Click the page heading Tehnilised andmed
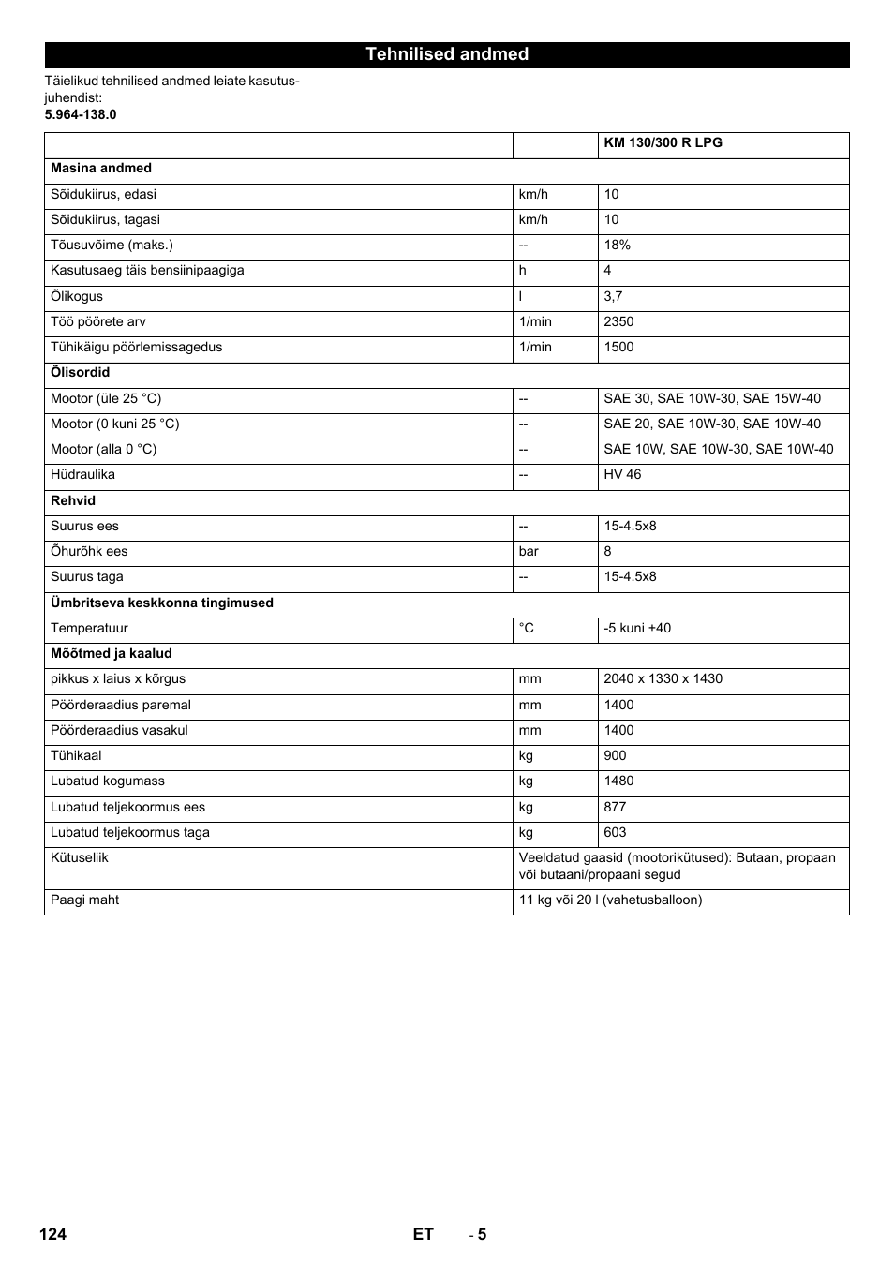[x=447, y=54]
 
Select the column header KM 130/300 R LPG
[x=663, y=143]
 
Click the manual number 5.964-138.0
[x=81, y=114]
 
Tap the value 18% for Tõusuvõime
[x=617, y=246]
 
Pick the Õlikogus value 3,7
[x=613, y=296]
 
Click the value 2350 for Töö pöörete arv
[x=618, y=321]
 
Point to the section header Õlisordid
[x=80, y=373]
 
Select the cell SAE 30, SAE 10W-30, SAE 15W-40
[x=712, y=398]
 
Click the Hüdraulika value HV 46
[x=622, y=475]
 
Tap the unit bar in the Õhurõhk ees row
[x=529, y=552]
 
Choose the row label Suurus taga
[x=86, y=577]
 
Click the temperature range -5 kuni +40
[x=637, y=629]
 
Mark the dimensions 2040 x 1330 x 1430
[x=663, y=679]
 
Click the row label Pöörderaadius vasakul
[x=119, y=731]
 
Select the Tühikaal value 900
[x=615, y=756]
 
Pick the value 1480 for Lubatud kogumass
[x=618, y=781]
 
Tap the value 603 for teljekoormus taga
[x=615, y=833]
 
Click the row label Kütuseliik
[x=80, y=858]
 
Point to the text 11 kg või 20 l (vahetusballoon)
[x=610, y=900]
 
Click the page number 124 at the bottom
[x=53, y=1234]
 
